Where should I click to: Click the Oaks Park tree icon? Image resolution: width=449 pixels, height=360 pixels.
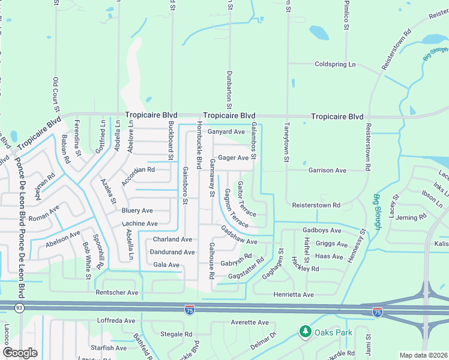(306, 331)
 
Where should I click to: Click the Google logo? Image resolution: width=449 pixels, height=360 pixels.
(20, 352)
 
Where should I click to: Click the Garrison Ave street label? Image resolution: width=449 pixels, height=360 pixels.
(327, 170)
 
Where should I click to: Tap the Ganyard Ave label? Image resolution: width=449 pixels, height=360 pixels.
(226, 131)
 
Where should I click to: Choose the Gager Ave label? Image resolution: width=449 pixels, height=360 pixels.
(234, 158)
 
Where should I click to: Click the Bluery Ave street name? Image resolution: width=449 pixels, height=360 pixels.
(137, 211)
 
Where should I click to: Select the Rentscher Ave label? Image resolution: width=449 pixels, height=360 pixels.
(117, 293)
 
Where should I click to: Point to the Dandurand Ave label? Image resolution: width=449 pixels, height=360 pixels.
(172, 252)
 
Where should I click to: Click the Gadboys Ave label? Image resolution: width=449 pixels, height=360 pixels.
(322, 230)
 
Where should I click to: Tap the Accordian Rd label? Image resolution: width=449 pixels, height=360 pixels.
(138, 170)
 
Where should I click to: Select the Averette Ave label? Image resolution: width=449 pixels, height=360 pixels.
(250, 322)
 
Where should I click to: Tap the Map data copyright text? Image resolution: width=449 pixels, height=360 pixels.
(423, 355)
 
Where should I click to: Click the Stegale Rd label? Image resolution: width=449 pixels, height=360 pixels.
(176, 334)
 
